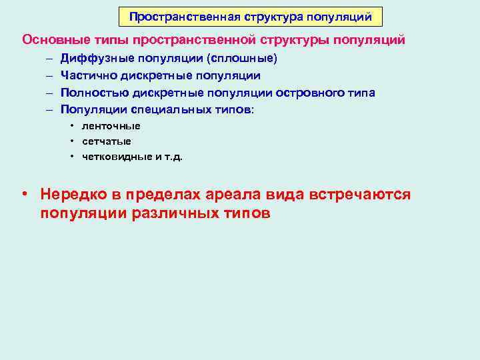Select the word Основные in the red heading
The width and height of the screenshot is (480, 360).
coord(51,39)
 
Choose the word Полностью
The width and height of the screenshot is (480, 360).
coord(91,93)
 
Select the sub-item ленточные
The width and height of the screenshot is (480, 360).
coord(111,126)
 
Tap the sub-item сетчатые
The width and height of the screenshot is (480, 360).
coord(107,141)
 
